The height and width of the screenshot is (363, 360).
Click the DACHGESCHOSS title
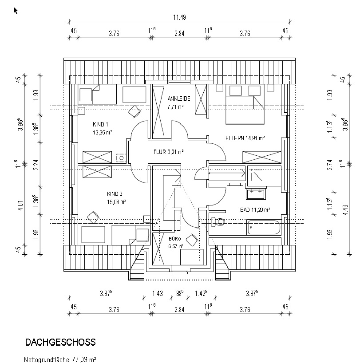[x=60, y=342]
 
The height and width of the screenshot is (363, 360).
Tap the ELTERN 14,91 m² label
[x=245, y=138]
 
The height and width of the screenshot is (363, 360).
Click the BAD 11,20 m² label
[x=254, y=209]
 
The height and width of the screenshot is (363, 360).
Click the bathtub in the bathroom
[x=264, y=228]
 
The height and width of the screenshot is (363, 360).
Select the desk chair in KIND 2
[x=93, y=217]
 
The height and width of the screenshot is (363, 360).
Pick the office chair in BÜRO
[x=192, y=240]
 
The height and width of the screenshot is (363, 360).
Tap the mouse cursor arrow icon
[x=16, y=10]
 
